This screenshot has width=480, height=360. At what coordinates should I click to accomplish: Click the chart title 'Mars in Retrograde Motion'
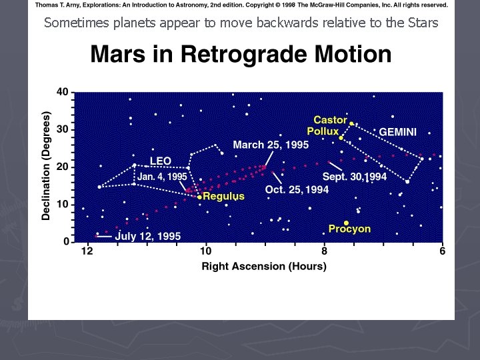[x=241, y=55]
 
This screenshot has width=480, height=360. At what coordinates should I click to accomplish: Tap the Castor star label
[x=331, y=120]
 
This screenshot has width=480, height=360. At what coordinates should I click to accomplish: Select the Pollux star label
[x=323, y=131]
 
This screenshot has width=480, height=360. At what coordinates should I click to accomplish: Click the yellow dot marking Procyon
[x=346, y=223]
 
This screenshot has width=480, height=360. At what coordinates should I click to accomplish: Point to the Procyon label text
[x=349, y=229]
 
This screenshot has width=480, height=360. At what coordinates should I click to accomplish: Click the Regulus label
[x=223, y=197]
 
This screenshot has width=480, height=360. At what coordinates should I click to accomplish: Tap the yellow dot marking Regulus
[x=199, y=197]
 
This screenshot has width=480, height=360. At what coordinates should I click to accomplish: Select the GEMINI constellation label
[x=397, y=132]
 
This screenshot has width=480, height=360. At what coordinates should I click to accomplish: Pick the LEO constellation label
[x=161, y=161]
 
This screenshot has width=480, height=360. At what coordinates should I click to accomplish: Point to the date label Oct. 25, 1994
[x=297, y=190]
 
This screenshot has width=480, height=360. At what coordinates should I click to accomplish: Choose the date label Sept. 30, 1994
[x=355, y=177]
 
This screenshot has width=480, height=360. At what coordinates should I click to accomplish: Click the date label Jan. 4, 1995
[x=162, y=177]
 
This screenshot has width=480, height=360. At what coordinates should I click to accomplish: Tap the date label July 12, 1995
[x=148, y=236]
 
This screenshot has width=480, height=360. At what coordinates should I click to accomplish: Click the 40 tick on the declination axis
[x=62, y=91]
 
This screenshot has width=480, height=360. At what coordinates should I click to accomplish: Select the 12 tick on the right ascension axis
[x=87, y=251]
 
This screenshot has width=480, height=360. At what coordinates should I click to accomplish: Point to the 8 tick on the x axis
[x=324, y=251]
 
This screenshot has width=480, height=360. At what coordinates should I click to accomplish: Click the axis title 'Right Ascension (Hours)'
[x=264, y=267]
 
